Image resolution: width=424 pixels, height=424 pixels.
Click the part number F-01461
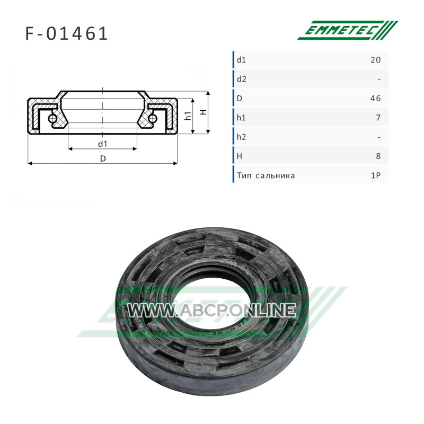[67, 34]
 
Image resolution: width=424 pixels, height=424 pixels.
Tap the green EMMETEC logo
[348, 30]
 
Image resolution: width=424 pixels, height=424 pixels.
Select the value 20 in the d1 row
[376, 60]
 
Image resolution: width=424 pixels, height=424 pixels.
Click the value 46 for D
[376, 98]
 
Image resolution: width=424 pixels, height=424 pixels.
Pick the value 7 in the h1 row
[378, 118]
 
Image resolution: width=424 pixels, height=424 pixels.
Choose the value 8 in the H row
[378, 156]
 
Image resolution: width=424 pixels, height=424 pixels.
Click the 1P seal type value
[376, 175]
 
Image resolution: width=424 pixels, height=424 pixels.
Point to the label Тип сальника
[266, 176]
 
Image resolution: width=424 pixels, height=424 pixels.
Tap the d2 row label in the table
[242, 79]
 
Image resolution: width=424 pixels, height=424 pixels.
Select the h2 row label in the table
[242, 137]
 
